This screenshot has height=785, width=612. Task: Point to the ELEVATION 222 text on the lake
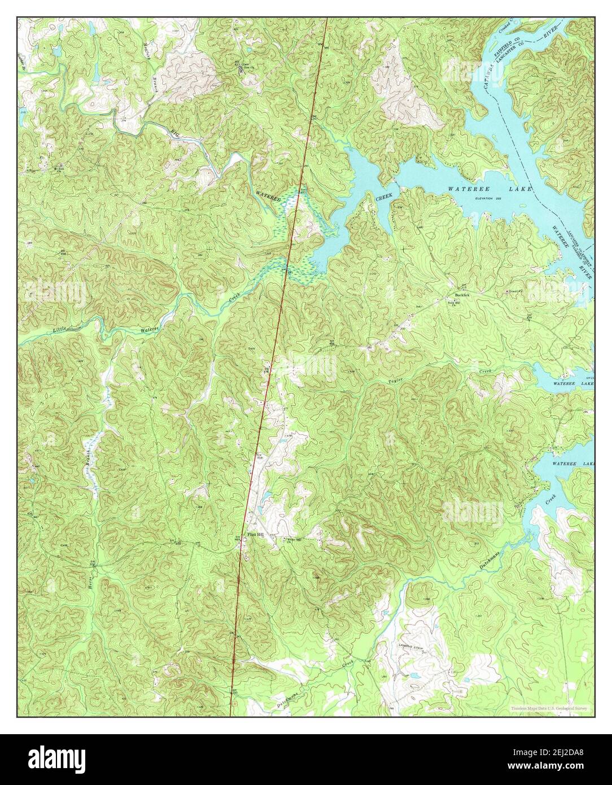point(488,198)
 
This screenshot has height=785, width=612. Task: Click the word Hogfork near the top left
point(148,39)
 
